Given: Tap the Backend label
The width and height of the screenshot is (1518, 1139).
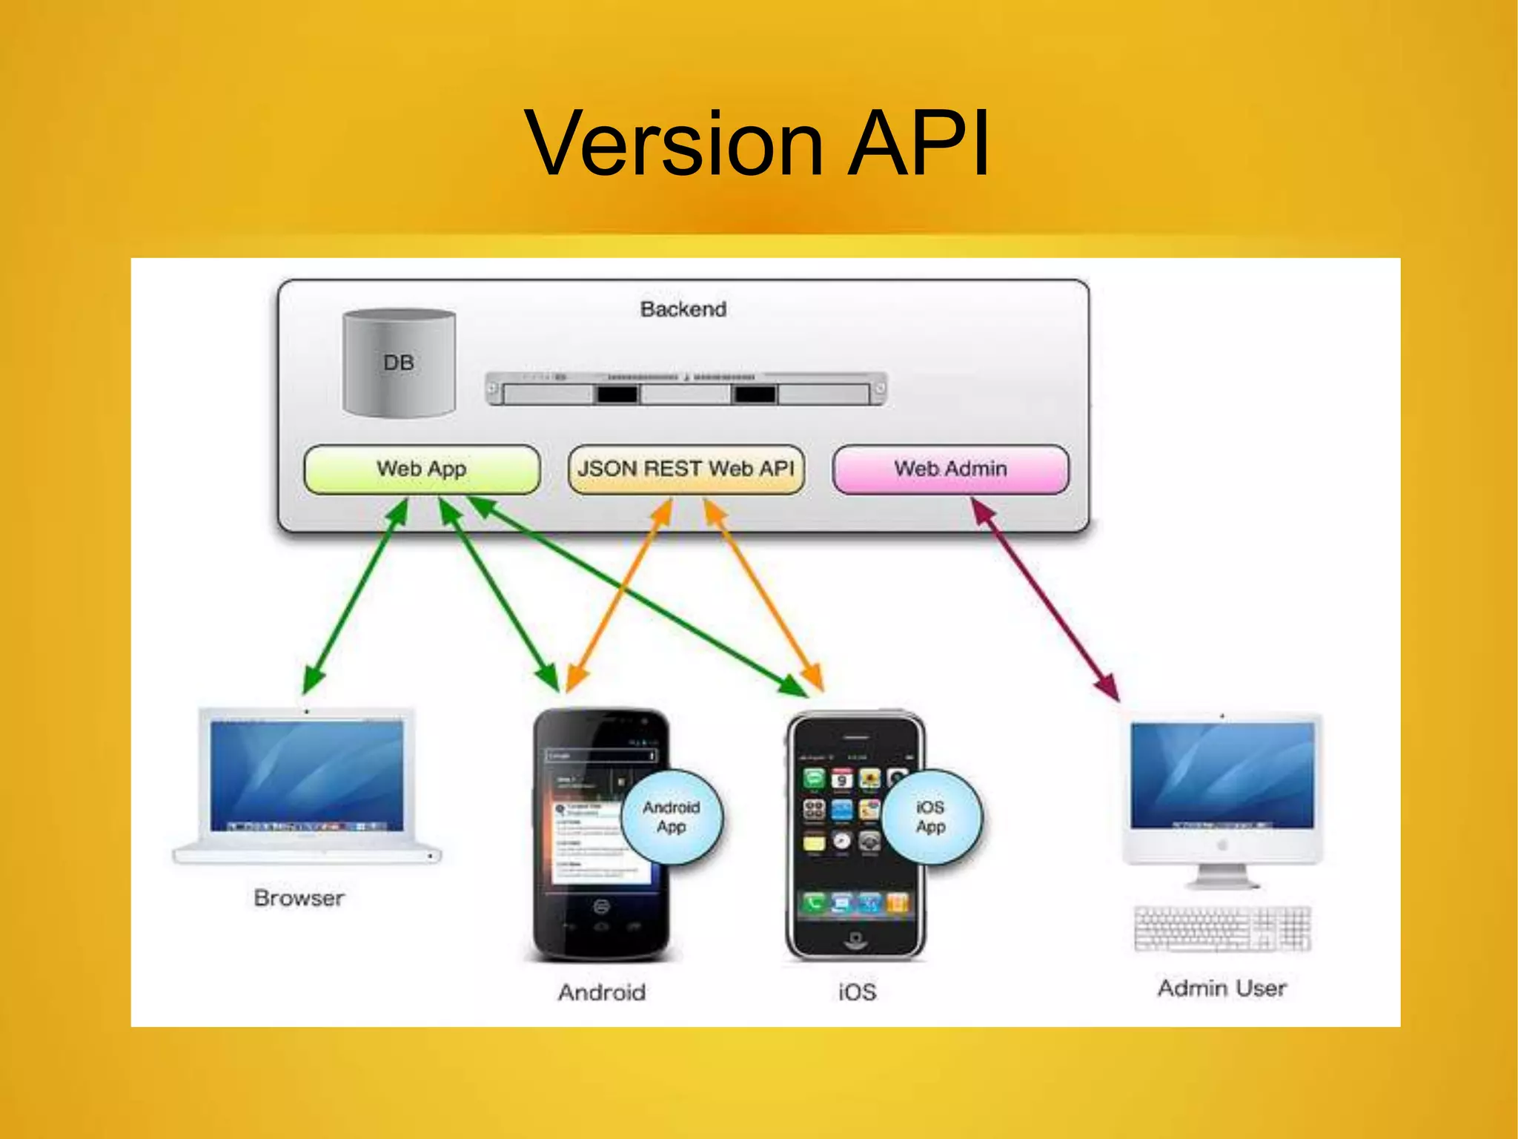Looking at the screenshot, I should [683, 309].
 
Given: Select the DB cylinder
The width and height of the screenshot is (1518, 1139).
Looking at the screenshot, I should [399, 363].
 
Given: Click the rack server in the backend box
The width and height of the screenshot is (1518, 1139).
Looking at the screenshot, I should [686, 389].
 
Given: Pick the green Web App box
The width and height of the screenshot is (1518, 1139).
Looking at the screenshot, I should [421, 469].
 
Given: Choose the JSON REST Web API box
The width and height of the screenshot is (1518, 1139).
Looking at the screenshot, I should [686, 469].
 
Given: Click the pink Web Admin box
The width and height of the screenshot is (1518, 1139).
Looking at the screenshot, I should [950, 469].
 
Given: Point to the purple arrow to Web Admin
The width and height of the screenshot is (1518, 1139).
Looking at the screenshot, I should [1045, 599].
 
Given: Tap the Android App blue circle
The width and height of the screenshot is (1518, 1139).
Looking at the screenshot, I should [671, 817].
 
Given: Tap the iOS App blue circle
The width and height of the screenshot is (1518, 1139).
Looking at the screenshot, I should [931, 817].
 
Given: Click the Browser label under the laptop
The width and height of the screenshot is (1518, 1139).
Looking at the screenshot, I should [299, 899].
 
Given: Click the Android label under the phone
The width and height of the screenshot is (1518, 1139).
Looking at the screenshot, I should [601, 992].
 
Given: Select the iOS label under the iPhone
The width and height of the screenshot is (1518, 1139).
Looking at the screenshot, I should [857, 992].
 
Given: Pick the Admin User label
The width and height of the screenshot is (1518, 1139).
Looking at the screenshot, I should [1222, 988].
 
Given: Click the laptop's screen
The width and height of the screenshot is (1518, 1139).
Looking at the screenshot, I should [306, 775].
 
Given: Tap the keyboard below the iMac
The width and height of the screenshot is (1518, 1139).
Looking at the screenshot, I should [1222, 928].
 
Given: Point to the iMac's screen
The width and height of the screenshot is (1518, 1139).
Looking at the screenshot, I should [1222, 775].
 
